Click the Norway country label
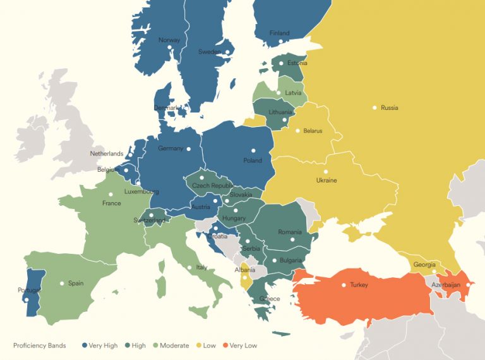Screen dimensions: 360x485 pos(169,40)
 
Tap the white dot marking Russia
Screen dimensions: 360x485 pos(374,107)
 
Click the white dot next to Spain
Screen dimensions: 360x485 pos(62,284)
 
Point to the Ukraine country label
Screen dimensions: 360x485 pos(326,181)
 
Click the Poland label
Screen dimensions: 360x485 pos(253,160)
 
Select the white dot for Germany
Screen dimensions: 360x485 pos(189,148)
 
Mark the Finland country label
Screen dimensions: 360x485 pos(280,33)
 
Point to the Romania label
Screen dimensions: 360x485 pos(289,232)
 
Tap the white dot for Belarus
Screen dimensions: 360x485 pos(298,131)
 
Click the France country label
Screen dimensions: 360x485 pos(112,203)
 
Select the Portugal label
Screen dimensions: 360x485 pos(29,291)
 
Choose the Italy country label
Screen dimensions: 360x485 pos(201,268)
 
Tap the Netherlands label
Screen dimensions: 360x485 pos(107,154)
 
